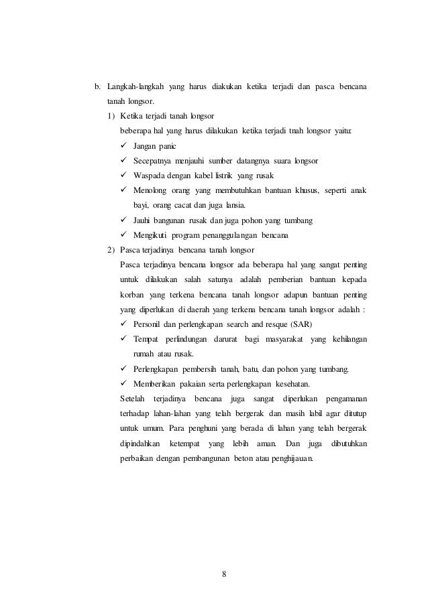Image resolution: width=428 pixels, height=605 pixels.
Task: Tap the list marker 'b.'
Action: [97, 87]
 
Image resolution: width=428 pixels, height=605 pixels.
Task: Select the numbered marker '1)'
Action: [111, 116]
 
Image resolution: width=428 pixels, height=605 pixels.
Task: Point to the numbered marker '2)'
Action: [111, 250]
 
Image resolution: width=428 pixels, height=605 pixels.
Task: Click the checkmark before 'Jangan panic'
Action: [123, 145]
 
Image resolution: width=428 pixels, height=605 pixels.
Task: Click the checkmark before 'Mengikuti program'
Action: [123, 234]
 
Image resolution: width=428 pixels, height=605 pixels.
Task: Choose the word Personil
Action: [148, 324]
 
